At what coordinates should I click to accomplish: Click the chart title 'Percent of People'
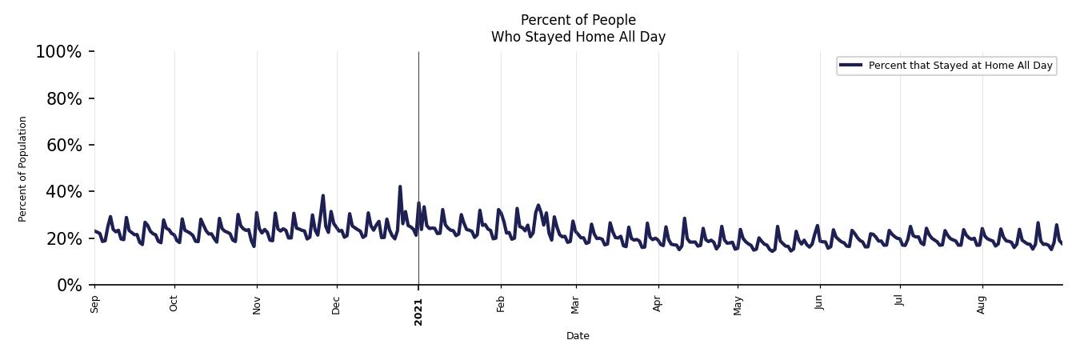tap(578, 20)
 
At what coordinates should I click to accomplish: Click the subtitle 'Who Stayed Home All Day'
tap(578, 37)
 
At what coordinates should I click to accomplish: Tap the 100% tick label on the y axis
tap(58, 52)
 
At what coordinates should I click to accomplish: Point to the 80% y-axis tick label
tap(62, 98)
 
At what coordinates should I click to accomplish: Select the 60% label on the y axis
tap(62, 145)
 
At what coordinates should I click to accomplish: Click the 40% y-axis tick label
tap(62, 191)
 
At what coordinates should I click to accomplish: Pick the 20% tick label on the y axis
tap(62, 238)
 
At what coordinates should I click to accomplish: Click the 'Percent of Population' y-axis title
tap(23, 169)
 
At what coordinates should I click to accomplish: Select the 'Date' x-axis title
tap(578, 336)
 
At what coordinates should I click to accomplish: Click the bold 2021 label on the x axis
tap(418, 311)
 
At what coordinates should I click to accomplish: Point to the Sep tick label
tap(94, 304)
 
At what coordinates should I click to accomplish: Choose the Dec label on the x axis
tap(337, 305)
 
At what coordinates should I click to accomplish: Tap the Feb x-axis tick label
tap(501, 304)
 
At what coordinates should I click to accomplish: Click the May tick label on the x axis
tap(738, 305)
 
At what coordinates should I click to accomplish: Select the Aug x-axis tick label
tap(982, 305)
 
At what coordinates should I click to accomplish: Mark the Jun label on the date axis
tap(819, 304)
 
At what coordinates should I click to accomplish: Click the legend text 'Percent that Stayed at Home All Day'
tap(960, 66)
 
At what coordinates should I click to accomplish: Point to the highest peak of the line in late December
tap(400, 186)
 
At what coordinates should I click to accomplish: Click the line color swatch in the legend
tap(851, 66)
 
